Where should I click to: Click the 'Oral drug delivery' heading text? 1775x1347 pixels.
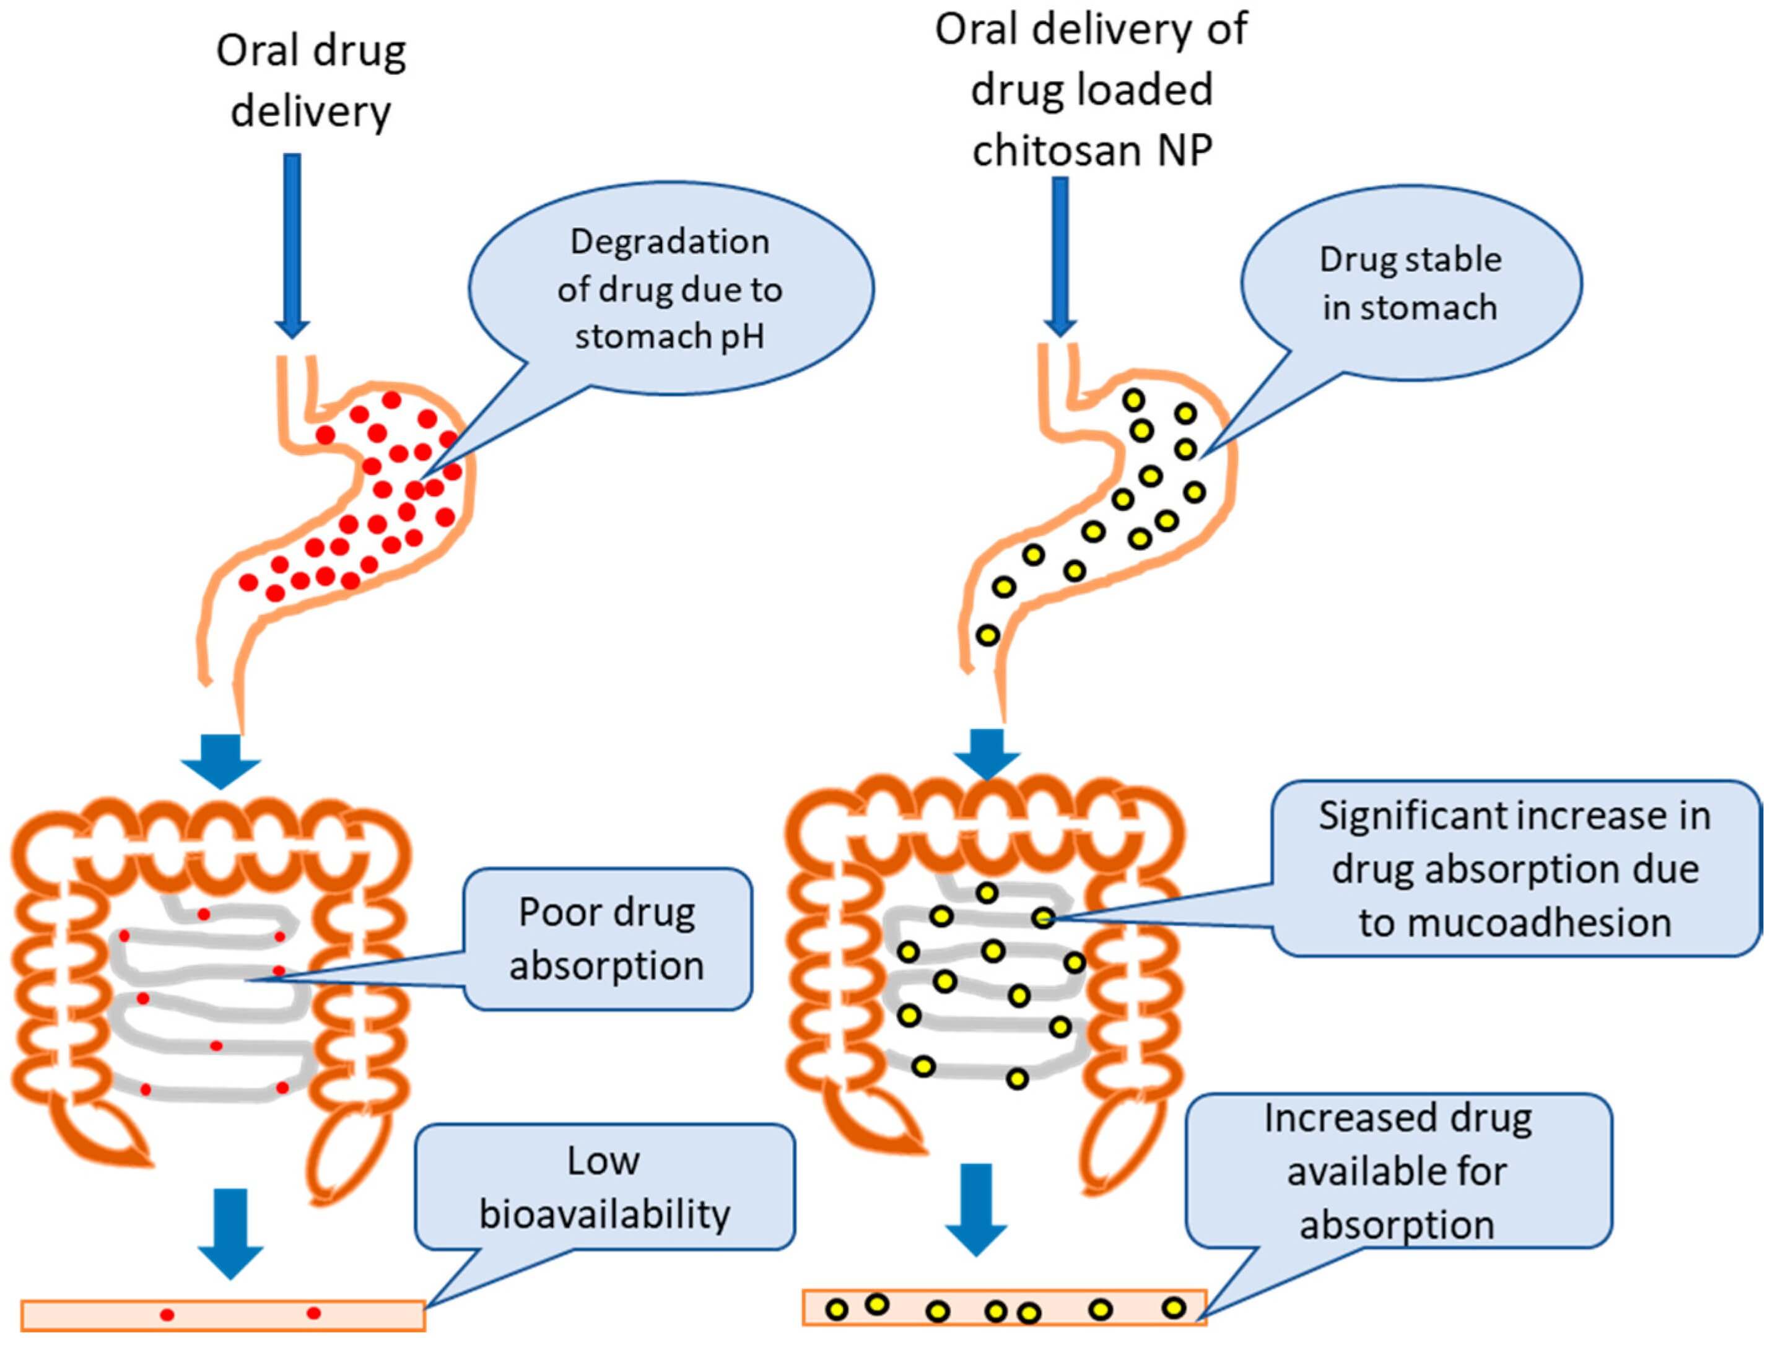312,81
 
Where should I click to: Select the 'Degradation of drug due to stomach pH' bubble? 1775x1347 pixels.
670,288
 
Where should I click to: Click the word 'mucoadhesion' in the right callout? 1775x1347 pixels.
1515,923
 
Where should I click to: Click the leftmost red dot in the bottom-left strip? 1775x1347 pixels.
167,1315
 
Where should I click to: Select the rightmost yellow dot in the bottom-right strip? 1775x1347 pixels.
1174,1309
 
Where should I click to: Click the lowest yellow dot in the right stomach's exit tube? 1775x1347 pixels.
988,636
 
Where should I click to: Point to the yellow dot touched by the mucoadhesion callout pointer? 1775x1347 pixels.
1043,918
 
